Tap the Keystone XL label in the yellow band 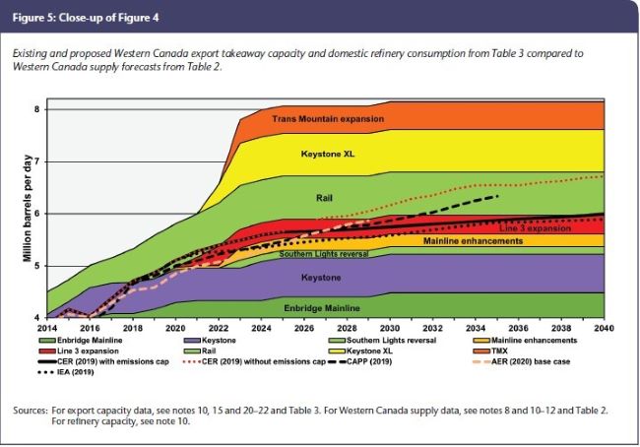(328, 155)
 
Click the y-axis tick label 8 (35, 108)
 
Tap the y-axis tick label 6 (35, 214)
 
